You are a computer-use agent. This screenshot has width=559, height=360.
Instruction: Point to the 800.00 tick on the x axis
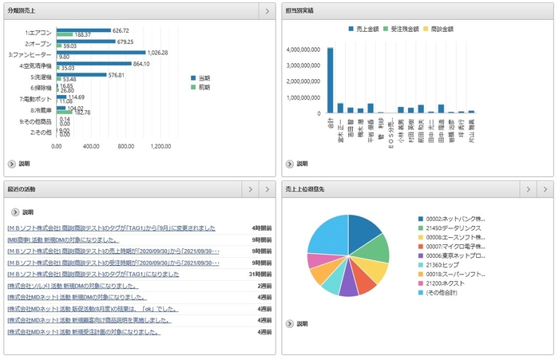click(125, 146)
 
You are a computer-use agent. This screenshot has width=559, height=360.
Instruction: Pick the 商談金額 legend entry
click(459, 28)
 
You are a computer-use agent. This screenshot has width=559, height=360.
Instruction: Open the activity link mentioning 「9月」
click(111, 228)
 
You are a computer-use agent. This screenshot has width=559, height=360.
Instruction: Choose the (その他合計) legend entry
click(447, 292)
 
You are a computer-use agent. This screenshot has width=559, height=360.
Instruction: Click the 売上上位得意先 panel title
click(305, 189)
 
